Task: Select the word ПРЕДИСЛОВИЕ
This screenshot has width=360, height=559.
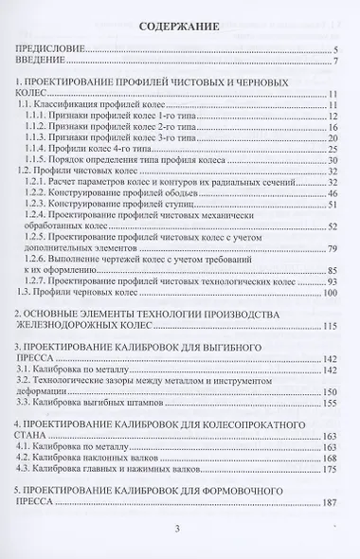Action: coord(53,48)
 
